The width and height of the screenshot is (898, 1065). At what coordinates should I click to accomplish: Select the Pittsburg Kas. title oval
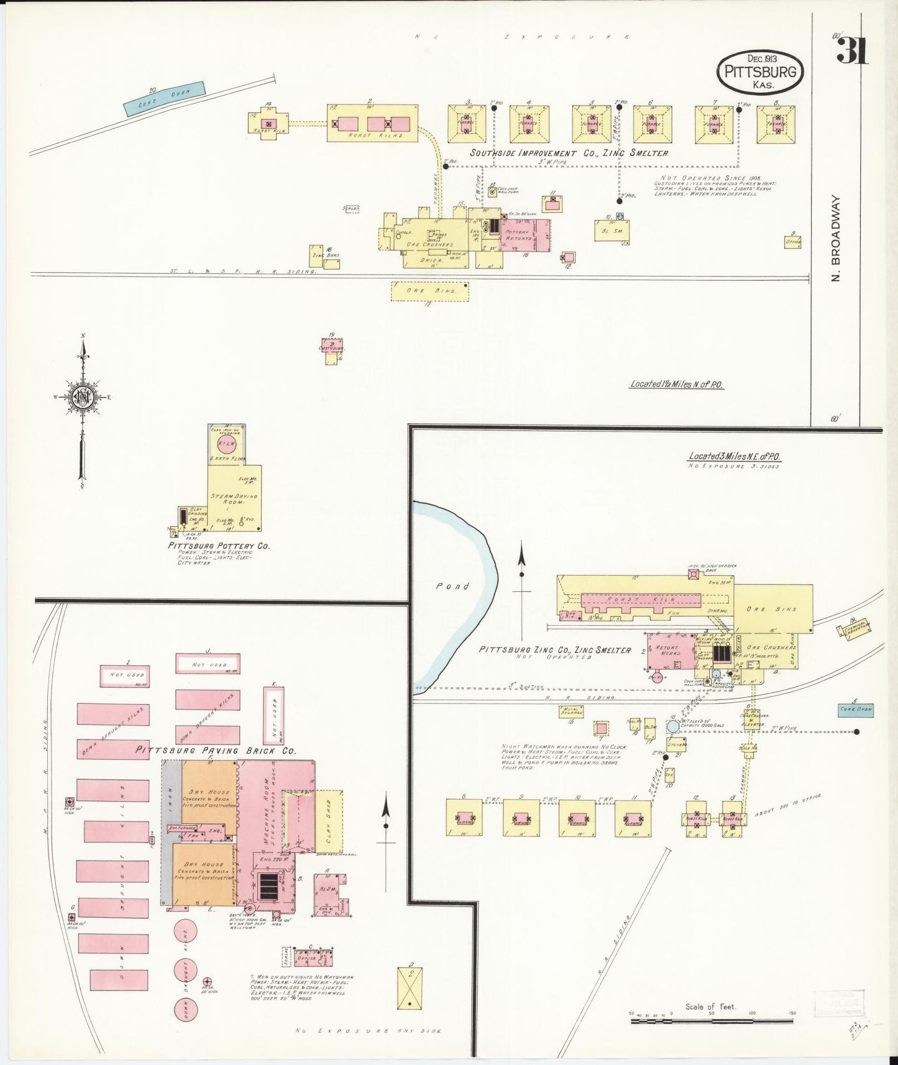[759, 71]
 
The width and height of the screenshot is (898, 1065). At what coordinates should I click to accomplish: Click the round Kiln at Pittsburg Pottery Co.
[227, 444]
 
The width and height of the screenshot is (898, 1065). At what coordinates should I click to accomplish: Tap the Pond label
[452, 586]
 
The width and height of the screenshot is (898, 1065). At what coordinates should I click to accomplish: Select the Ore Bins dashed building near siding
[429, 291]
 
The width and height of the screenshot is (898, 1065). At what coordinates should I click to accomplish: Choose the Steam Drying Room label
[234, 498]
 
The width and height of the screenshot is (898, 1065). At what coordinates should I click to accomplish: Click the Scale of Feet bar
[712, 1020]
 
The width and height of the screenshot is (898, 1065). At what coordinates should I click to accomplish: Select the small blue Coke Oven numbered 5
[855, 709]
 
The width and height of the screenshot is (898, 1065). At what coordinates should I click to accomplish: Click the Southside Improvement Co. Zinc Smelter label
[569, 153]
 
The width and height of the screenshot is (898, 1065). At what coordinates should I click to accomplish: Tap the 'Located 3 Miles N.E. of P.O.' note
[735, 457]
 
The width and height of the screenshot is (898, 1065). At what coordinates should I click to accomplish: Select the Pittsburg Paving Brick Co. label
[216, 750]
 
